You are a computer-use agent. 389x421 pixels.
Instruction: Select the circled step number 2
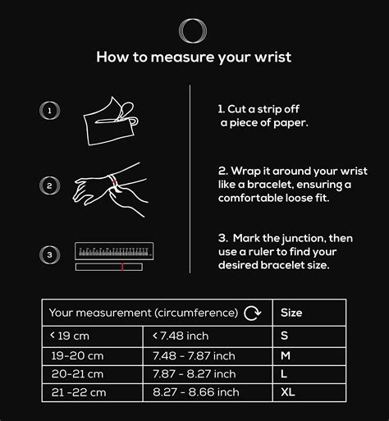tap(50, 185)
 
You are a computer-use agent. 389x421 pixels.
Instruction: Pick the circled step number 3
tap(50, 254)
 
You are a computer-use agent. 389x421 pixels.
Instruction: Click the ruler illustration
tap(114, 254)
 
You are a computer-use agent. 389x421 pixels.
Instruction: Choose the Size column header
tap(291, 313)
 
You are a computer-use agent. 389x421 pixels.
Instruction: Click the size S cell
tap(286, 335)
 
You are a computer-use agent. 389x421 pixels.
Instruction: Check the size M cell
tap(286, 355)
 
